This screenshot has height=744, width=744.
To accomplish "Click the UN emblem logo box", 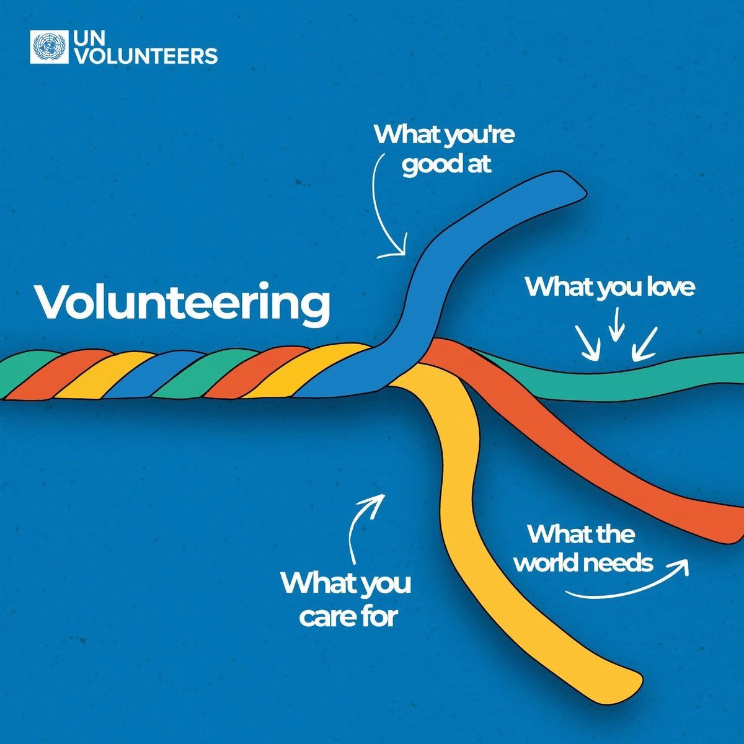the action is click(x=49, y=48).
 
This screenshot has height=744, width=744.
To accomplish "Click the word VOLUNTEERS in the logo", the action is click(x=146, y=56).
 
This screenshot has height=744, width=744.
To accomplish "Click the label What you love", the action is click(x=610, y=287).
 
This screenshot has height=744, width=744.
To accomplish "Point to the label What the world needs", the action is click(x=583, y=549).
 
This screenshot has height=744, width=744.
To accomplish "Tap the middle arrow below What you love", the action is click(x=616, y=324).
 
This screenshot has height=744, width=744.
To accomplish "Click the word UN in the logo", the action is click(x=89, y=38).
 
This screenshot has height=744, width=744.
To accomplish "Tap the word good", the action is click(x=428, y=165).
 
